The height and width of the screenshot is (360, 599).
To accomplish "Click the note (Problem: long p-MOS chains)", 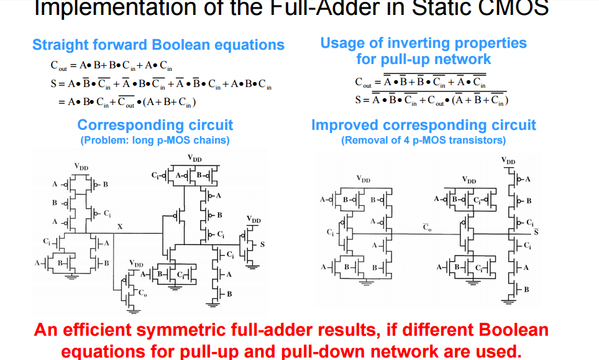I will tap(155, 140).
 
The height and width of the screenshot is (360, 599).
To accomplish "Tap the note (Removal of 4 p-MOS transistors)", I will tap(423, 140).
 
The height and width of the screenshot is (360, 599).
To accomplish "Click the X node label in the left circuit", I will tap(120, 227).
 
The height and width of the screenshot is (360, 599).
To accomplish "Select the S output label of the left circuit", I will tap(262, 244).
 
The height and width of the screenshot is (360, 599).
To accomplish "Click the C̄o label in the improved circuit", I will tap(427, 228).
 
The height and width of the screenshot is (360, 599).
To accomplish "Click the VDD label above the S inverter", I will tap(254, 219).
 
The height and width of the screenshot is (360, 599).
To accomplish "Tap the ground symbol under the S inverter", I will tap(254, 266).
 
